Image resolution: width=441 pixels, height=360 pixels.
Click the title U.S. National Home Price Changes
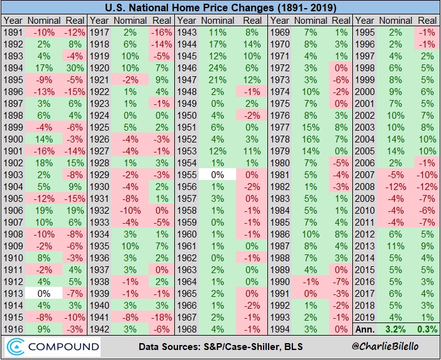(x=220, y=8)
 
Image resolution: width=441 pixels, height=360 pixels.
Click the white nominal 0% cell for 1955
(x=218, y=174)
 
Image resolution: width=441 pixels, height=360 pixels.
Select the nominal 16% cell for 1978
(x=310, y=139)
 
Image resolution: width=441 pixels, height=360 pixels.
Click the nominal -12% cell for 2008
(x=397, y=186)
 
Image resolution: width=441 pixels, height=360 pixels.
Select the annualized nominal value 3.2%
(x=397, y=328)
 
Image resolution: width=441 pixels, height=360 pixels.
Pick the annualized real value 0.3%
(x=426, y=328)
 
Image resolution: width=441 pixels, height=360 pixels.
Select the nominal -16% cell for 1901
(x=42, y=151)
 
